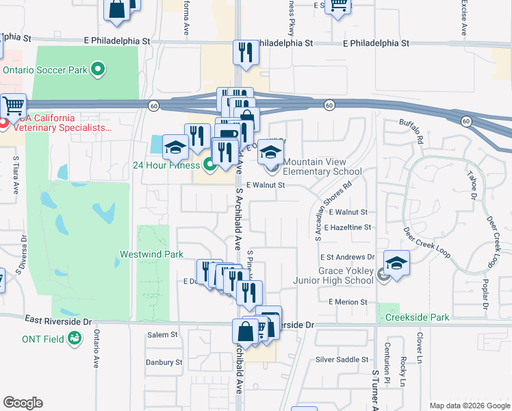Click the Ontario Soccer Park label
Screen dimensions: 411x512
(x=46, y=69)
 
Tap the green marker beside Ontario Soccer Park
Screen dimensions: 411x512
(x=97, y=69)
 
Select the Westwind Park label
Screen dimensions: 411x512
(x=151, y=254)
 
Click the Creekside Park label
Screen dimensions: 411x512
(x=417, y=317)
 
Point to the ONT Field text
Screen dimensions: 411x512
(x=44, y=338)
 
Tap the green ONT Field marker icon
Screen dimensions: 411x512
(x=75, y=338)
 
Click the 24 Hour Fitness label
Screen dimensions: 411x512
(x=166, y=164)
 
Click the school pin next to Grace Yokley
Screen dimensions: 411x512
(x=396, y=263)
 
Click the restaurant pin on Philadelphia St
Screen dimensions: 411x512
(x=245, y=53)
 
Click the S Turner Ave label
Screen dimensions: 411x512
(x=375, y=390)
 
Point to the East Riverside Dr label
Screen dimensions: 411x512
(x=58, y=321)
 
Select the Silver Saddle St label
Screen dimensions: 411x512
(x=342, y=360)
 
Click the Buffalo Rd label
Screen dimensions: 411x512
(x=411, y=131)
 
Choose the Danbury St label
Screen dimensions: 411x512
(x=164, y=362)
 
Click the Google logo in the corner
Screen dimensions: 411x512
(x=23, y=403)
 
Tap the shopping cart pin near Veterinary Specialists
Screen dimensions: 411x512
(x=12, y=107)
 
